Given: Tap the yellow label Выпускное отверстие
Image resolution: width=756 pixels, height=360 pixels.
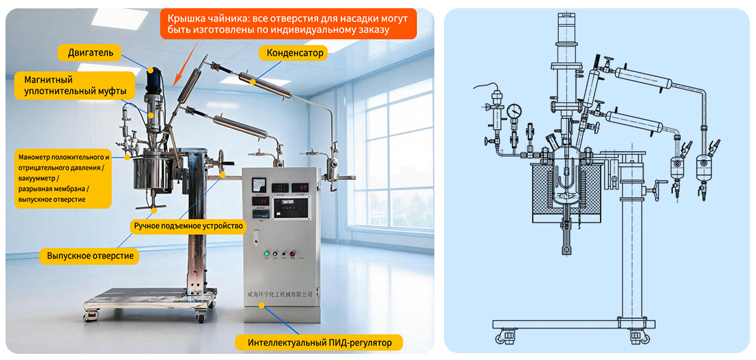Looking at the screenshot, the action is pos(90,256).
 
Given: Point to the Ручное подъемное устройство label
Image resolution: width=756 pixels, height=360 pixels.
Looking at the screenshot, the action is pos(188,225).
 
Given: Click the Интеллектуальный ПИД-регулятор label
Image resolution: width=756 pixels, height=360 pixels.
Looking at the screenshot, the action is pos(319,343).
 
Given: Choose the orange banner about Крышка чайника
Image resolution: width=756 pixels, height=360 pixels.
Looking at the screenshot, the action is pos(289,23).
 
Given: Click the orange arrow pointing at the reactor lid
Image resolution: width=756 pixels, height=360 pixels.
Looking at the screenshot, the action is pos(186,60).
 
